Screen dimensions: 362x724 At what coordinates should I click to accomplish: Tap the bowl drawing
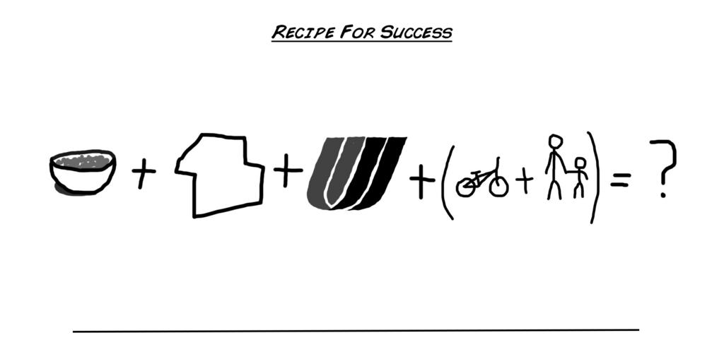[x=82, y=177]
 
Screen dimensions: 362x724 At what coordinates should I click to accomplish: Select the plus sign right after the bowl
[x=144, y=173]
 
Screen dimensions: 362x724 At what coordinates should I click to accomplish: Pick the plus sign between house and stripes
[x=286, y=172]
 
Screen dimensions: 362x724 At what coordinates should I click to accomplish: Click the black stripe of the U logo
[x=385, y=170]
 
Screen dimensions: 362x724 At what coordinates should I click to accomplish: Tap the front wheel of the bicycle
[x=498, y=185]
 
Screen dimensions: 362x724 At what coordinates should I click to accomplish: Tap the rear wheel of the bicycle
[x=467, y=187]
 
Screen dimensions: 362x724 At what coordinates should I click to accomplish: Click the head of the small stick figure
[x=580, y=164]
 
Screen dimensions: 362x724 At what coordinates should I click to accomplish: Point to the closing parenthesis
[x=597, y=177]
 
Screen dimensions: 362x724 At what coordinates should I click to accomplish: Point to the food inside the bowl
[x=82, y=162]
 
